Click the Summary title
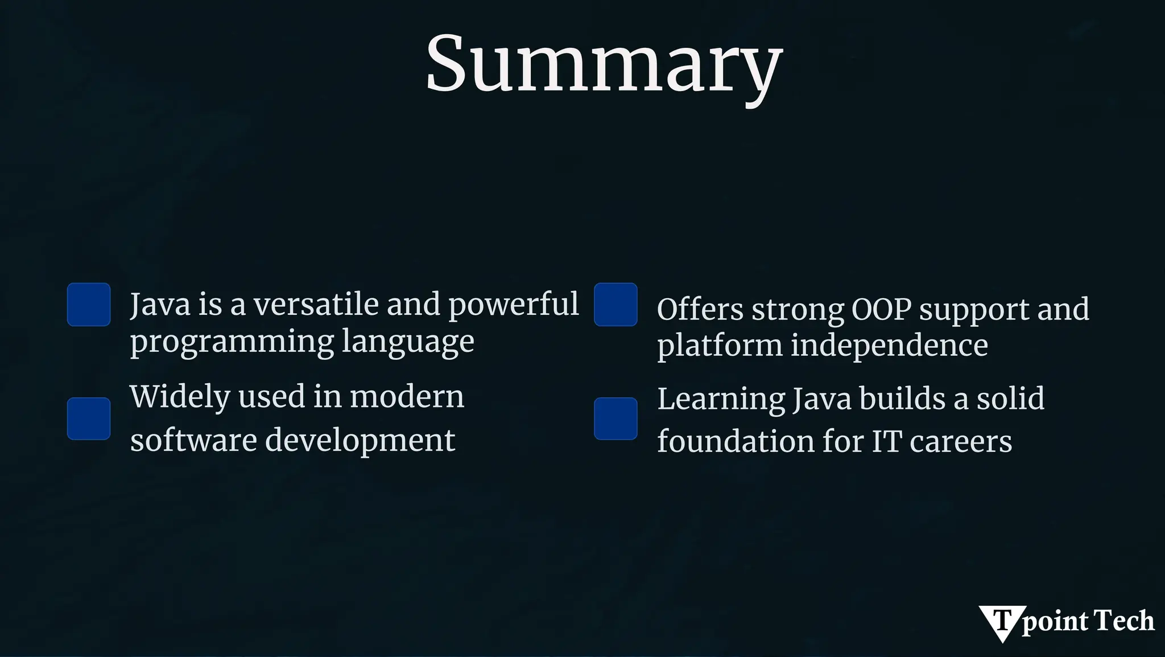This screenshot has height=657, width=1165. point(604,64)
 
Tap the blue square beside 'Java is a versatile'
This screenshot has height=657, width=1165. point(89,305)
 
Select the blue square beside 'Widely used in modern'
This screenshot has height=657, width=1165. point(89,418)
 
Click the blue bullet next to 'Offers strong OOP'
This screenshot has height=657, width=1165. point(615,305)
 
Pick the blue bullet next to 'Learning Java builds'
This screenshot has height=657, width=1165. point(615,418)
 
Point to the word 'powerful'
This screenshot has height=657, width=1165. point(513,305)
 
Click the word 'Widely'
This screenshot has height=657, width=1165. point(179,397)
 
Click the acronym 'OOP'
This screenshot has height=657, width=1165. point(881,310)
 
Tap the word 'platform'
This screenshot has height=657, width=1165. point(720,346)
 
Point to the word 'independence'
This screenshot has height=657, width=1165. point(889,345)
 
